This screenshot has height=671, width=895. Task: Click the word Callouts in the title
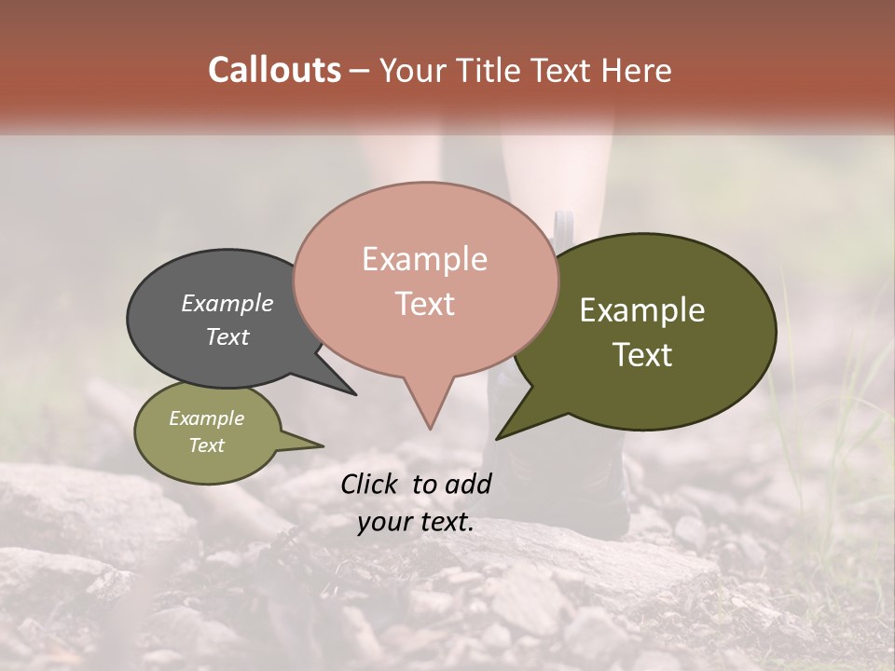tap(274, 70)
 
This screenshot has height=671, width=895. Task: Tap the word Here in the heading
tap(636, 70)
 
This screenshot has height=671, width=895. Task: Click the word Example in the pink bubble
tap(424, 259)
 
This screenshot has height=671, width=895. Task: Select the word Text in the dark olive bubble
tap(642, 355)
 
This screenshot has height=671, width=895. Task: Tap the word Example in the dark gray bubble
tap(227, 303)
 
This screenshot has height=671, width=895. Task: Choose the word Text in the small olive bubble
tap(206, 445)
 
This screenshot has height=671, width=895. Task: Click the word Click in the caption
tap(371, 484)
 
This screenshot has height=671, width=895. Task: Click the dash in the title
tap(360, 70)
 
